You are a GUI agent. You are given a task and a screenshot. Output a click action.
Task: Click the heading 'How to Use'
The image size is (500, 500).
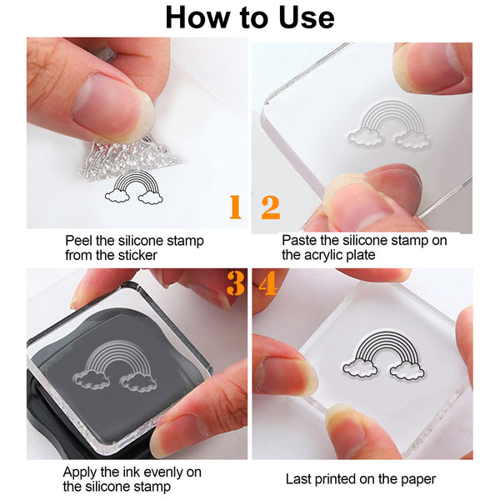pos(249,17)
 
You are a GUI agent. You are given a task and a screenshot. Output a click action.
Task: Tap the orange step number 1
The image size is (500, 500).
pos(235,207)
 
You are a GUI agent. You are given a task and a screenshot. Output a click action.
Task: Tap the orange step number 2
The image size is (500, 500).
pos(271,207)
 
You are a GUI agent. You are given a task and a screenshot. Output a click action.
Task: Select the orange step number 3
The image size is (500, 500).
pos(236,285)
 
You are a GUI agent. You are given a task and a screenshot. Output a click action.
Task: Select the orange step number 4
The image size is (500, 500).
pos(267,285)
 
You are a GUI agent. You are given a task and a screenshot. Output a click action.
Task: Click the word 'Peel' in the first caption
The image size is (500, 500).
pos(80,241)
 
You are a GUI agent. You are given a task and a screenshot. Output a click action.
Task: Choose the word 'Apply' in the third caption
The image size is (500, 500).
pos(82,472)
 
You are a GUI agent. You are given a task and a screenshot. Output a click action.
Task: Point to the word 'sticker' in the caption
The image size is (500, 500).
pos(135,255)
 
